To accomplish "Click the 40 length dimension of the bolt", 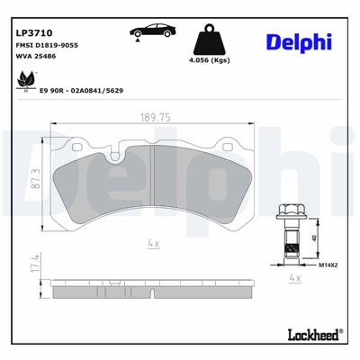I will coord(313,238).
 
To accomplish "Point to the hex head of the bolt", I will coord(288,212).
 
